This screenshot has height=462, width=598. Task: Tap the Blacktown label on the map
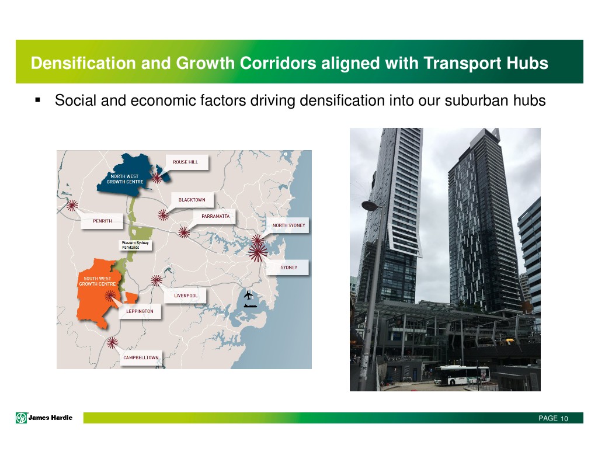click(192, 200)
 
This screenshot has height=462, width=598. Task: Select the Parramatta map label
click(215, 216)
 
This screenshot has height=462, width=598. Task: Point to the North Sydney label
click(288, 225)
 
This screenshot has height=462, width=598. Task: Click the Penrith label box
click(102, 221)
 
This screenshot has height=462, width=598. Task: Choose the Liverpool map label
click(186, 296)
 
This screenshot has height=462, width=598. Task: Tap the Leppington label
click(140, 311)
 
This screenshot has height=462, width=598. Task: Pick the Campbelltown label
click(141, 358)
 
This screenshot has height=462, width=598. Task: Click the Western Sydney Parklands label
click(135, 245)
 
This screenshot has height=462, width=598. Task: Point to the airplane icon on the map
click(248, 295)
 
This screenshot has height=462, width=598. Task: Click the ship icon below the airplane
click(250, 305)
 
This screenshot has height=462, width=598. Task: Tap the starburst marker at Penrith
click(72, 206)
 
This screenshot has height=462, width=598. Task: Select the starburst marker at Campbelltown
click(112, 343)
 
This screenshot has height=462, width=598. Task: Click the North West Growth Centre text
click(125, 179)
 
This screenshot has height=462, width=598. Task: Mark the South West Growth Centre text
click(98, 281)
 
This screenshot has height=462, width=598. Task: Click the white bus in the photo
click(462, 375)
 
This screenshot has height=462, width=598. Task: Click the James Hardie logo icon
click(22, 418)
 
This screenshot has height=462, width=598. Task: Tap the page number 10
click(564, 419)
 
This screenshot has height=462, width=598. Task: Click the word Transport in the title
click(463, 63)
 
